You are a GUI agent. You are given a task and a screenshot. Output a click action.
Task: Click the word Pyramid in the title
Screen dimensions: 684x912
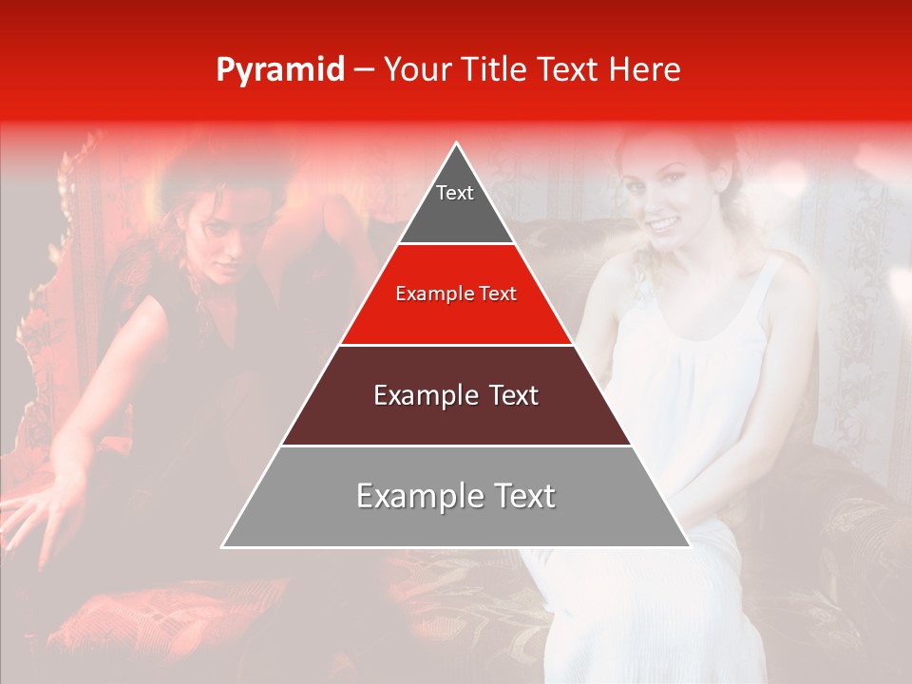coord(279,70)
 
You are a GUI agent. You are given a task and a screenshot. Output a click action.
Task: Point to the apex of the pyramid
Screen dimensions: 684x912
coord(457,145)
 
